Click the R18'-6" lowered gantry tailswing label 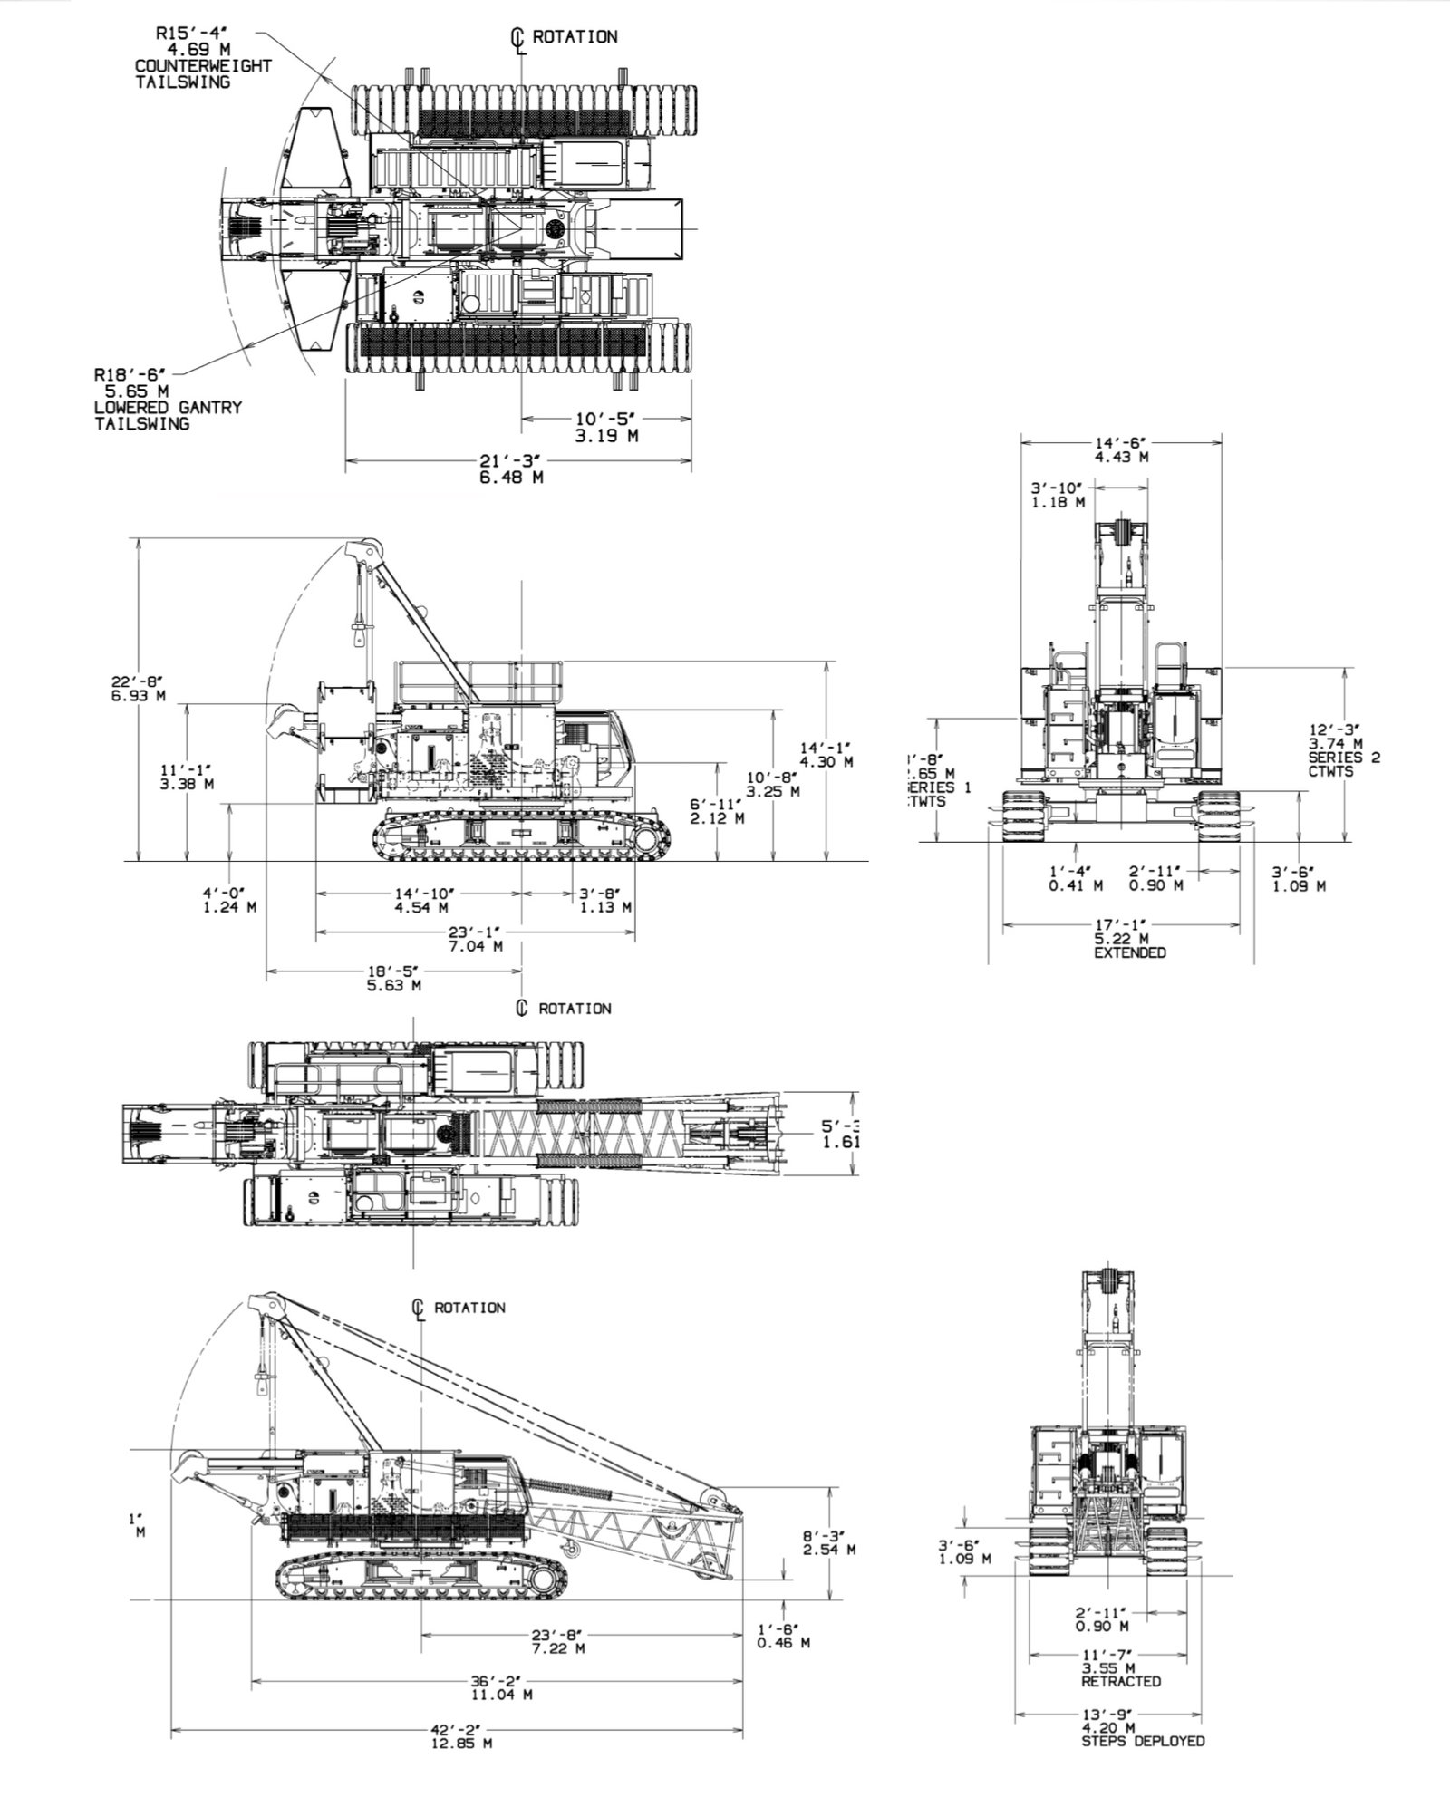coord(167,398)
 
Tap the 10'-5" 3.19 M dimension coord(605,427)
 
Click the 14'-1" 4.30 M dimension coord(826,755)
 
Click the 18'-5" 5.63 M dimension coord(393,979)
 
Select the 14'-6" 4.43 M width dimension coord(1121,449)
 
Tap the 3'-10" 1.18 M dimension coord(1057,495)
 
